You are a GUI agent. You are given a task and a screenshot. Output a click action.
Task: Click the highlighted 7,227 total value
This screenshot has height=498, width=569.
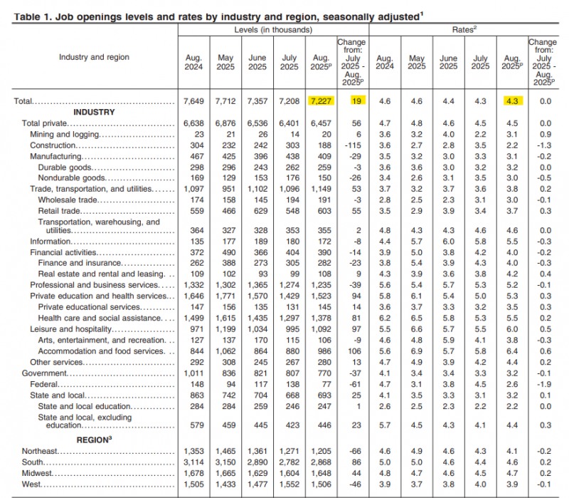pos(320,102)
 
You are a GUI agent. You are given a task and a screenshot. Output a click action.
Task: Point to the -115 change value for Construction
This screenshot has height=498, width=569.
pos(351,145)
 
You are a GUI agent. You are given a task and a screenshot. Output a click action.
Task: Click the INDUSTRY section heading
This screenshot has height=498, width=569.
pos(94,113)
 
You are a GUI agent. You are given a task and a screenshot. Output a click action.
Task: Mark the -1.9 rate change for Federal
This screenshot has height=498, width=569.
pos(543,384)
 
